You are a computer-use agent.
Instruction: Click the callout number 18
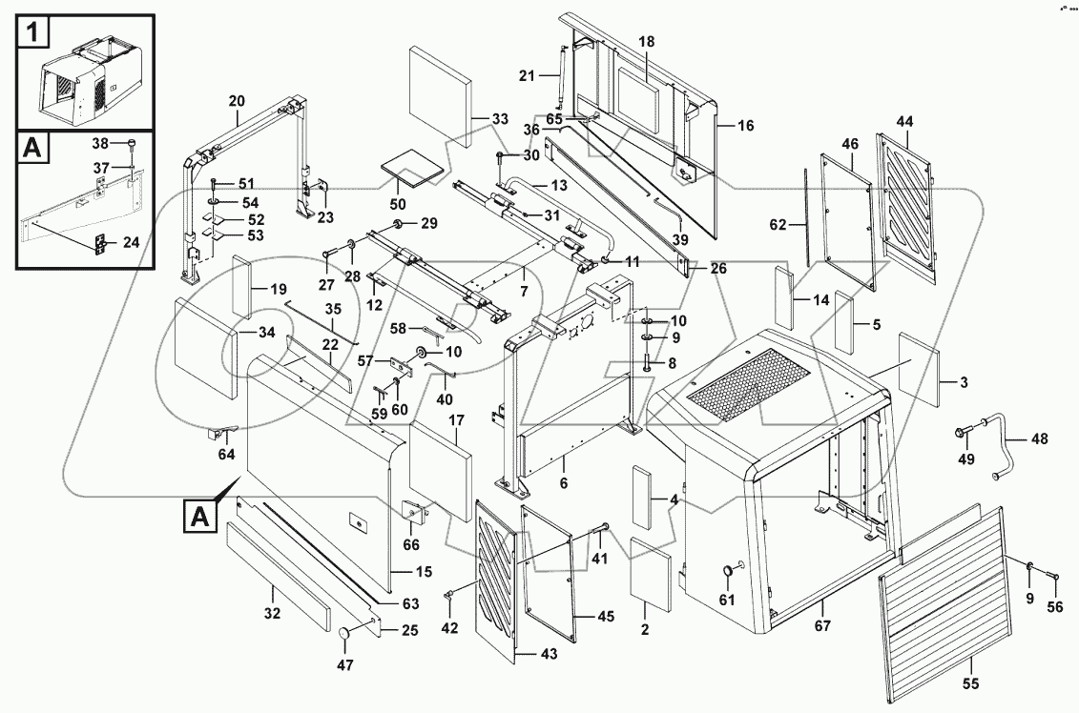[x=647, y=42]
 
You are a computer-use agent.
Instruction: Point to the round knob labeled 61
[x=729, y=569]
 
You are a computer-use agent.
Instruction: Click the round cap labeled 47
[x=345, y=636]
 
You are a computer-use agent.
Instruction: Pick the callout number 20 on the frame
[x=237, y=100]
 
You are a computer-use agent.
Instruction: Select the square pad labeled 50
[x=412, y=171]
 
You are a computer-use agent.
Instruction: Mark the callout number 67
[x=822, y=626]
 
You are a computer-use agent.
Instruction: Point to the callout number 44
[x=904, y=121]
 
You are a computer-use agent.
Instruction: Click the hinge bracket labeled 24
[x=98, y=243]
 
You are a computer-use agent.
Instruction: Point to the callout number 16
[x=745, y=125]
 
